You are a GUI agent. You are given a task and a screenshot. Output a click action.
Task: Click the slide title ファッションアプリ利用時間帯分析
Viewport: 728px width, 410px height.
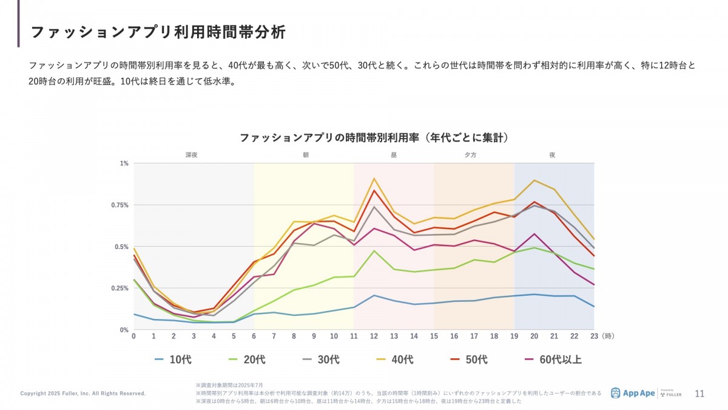point(158,32)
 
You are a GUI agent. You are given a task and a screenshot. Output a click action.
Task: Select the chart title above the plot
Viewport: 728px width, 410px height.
point(374,138)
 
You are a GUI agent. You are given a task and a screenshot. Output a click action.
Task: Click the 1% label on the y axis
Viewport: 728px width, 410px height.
point(124,163)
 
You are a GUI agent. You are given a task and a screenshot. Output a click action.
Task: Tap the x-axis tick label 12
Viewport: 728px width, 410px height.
point(374,336)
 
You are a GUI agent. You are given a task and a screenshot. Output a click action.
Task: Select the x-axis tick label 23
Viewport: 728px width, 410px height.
point(595,336)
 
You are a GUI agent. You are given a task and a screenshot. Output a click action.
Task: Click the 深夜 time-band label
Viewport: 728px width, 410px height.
point(192,155)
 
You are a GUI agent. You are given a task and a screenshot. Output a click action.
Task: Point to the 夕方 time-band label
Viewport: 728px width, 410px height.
point(470,155)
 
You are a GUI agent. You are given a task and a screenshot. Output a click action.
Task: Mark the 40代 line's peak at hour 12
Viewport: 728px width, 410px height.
point(374,179)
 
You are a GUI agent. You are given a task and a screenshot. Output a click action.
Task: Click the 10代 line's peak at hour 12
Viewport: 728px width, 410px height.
point(374,295)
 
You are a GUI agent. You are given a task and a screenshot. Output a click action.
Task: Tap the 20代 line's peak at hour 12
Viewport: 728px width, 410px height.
point(374,251)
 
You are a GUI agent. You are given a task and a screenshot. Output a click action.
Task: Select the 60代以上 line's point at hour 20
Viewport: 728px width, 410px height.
point(534,234)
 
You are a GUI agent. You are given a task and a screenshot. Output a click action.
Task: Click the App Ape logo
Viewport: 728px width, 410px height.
point(633,393)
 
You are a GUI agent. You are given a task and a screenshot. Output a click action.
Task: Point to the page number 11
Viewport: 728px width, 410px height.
point(699,394)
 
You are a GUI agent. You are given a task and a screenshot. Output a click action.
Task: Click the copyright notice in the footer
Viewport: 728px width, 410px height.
point(83,394)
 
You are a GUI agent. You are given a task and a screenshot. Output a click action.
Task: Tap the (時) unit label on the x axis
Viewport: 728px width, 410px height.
point(610,336)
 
